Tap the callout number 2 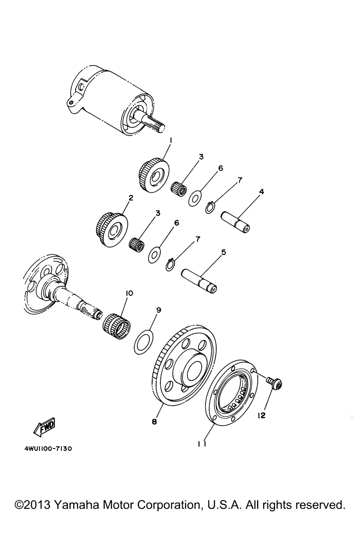click(131, 198)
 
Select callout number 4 click(262, 192)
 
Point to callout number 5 click(224, 252)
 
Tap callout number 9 click(159, 310)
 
